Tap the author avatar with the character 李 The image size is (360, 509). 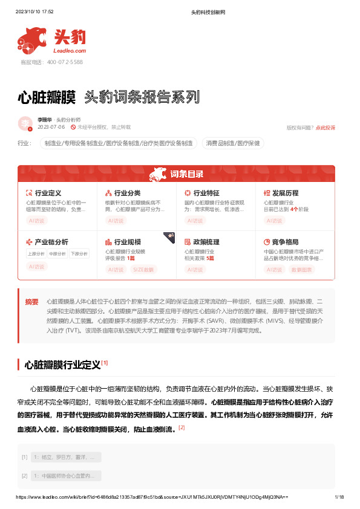(x=25, y=123)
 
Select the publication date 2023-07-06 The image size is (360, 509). (x=51, y=128)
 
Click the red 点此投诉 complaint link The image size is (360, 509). (x=326, y=128)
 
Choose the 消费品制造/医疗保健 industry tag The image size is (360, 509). (x=233, y=143)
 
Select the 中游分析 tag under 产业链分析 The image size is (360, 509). (x=57, y=254)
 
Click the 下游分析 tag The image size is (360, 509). (x=79, y=254)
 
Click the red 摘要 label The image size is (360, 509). (x=31, y=301)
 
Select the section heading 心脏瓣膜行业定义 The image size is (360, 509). (x=62, y=365)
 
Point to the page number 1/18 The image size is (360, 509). (x=339, y=497)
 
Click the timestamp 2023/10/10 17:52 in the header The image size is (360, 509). (x=34, y=11)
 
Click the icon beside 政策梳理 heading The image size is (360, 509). (x=188, y=241)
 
